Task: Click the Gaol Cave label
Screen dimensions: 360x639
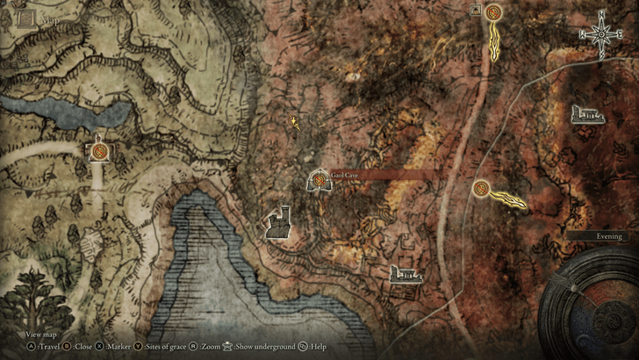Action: point(345,176)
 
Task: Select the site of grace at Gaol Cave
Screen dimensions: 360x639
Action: point(319,182)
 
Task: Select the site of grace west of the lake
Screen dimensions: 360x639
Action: point(101,151)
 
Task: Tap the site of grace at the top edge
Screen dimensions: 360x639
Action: point(493,12)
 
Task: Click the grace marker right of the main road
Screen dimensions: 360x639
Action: point(481,188)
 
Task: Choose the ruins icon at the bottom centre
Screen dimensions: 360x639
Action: point(406,273)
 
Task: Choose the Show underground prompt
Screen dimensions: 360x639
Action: point(261,347)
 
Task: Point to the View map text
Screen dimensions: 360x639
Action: point(41,335)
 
